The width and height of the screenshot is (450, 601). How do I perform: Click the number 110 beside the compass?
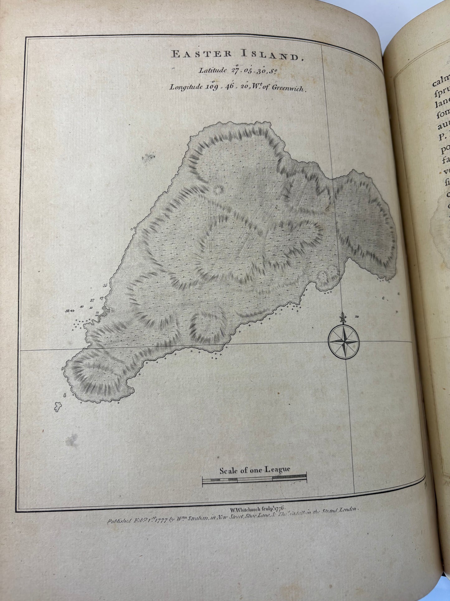click(357, 317)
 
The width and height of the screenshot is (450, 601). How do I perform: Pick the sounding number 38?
click(67, 311)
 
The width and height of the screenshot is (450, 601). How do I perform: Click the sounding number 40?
click(82, 306)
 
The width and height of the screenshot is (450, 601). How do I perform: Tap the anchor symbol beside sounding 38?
click(72, 311)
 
